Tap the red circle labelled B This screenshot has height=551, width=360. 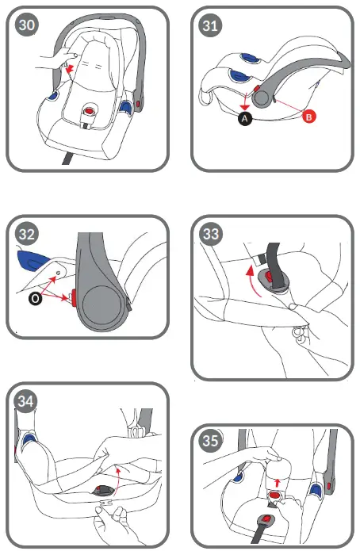click(311, 117)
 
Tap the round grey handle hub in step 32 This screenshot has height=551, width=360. click(101, 305)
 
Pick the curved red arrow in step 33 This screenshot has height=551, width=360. click(250, 281)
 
